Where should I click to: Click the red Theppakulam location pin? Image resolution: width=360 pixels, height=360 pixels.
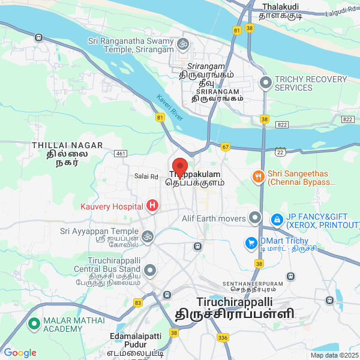pyautogui.click(x=180, y=166)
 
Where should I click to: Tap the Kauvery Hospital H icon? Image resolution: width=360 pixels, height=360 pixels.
pyautogui.click(x=152, y=206)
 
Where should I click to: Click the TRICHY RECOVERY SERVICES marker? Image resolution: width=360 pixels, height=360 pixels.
pyautogui.click(x=265, y=82)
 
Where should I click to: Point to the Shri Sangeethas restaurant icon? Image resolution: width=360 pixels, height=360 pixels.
pyautogui.click(x=258, y=176)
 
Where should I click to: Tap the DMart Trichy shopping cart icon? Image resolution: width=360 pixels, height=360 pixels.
pyautogui.click(x=250, y=243)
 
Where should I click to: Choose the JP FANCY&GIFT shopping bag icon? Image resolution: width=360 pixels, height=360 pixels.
pyautogui.click(x=277, y=220)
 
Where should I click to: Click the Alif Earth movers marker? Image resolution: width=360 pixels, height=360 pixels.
pyautogui.click(x=256, y=217)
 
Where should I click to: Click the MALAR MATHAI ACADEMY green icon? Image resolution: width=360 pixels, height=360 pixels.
pyautogui.click(x=33, y=324)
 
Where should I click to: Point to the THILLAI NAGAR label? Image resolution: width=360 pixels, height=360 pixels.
pyautogui.click(x=67, y=145)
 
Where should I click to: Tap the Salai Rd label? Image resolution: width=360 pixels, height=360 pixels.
pyautogui.click(x=146, y=176)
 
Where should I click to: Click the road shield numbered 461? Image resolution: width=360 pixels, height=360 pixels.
pyautogui.click(x=121, y=154)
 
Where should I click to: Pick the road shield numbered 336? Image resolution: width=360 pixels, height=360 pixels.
pyautogui.click(x=223, y=338)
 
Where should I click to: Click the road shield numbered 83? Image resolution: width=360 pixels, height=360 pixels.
pyautogui.click(x=138, y=302)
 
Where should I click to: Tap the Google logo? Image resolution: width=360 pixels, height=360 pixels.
pyautogui.click(x=20, y=353)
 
